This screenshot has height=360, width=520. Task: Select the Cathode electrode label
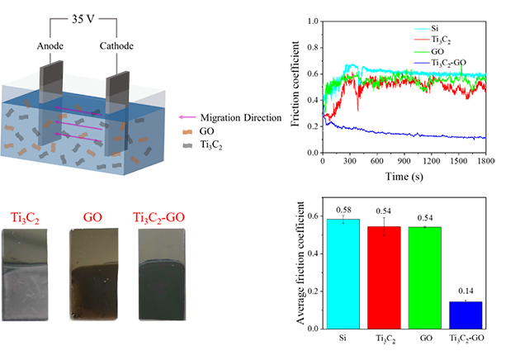[x=118, y=48]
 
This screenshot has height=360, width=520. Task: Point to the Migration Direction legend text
[x=245, y=118]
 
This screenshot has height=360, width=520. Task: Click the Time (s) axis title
[x=404, y=177]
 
